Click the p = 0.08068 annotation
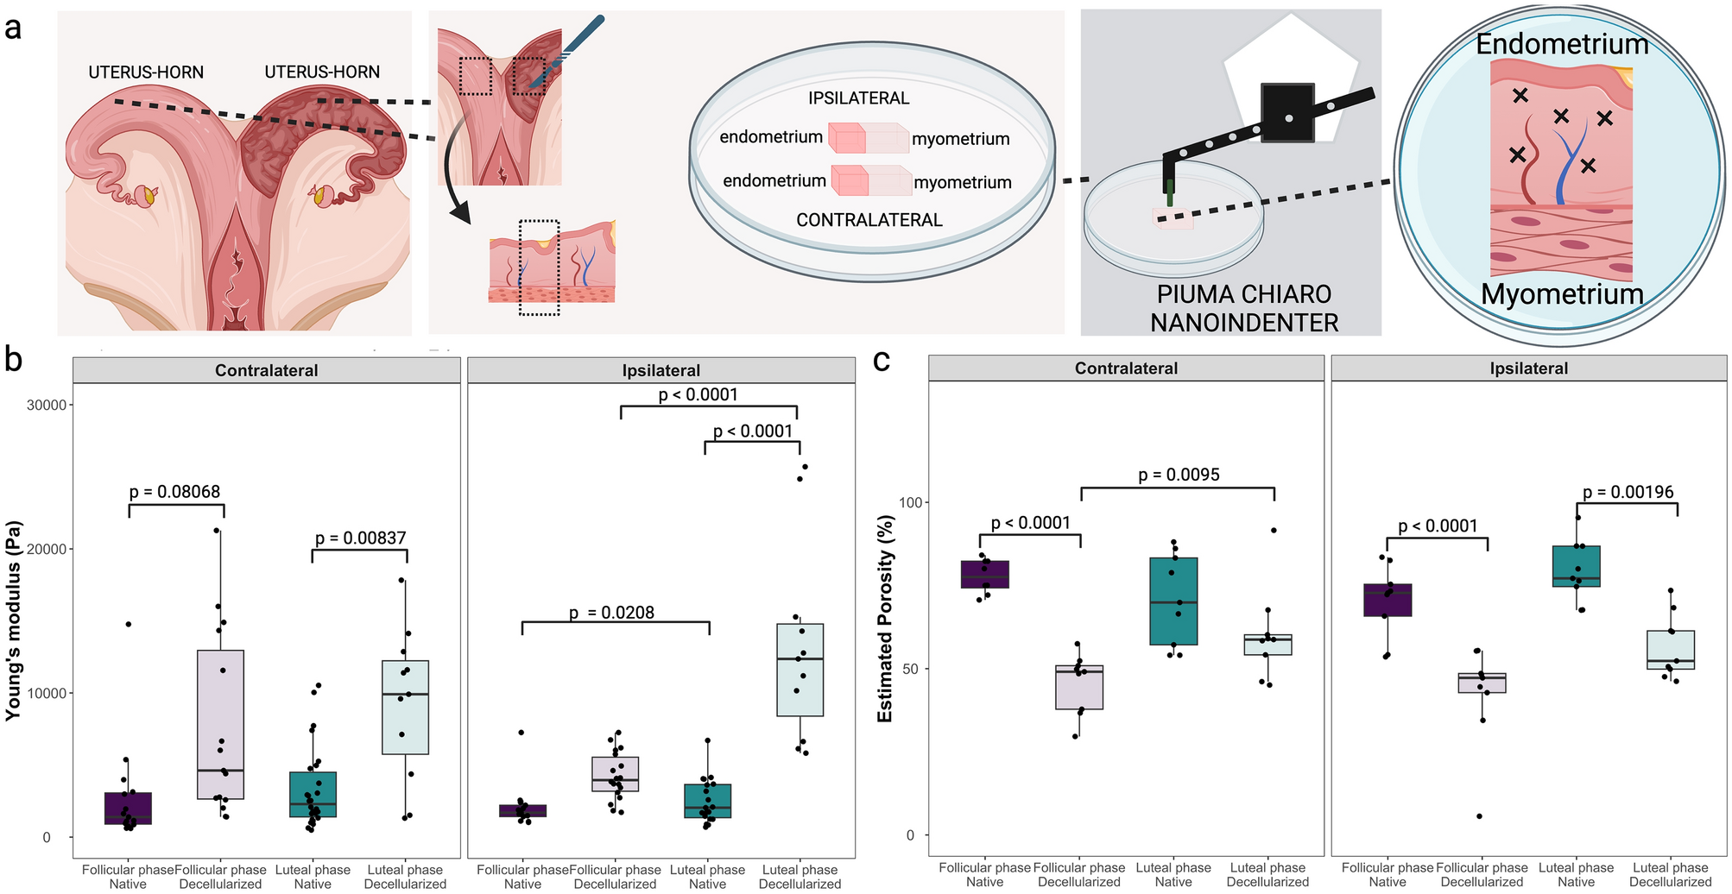pos(174,492)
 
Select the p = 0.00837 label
pos(360,538)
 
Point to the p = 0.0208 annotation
pos(611,613)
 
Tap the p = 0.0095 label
pos(1179,475)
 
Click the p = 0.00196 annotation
pos(1628,492)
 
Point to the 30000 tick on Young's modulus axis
pos(50,406)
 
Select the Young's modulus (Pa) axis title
pos(13,621)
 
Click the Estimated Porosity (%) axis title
pos(885,619)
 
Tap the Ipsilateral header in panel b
pos(661,370)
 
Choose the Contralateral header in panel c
pos(1126,368)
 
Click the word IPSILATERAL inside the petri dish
pos(858,98)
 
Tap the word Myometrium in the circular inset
pos(1562,294)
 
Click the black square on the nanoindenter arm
pos(1287,112)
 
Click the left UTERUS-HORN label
pos(146,72)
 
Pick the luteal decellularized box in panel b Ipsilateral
pos(800,670)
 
